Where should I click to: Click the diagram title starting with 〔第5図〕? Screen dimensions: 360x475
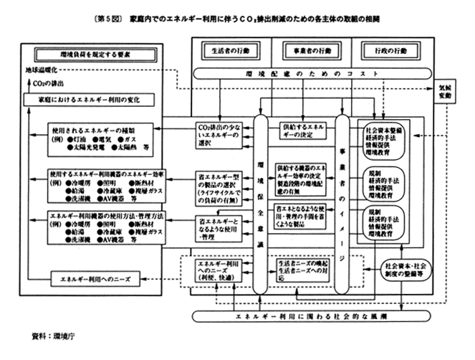pyautogui.click(x=237, y=16)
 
